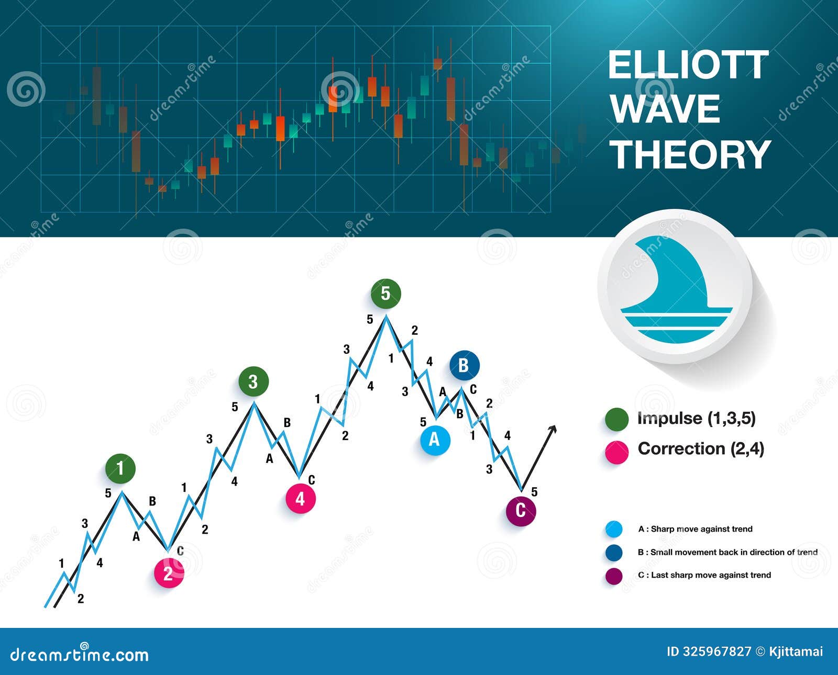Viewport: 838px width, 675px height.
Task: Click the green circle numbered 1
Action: point(120,468)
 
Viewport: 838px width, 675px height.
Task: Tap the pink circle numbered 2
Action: point(169,573)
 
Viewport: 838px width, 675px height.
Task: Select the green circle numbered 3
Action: point(253,382)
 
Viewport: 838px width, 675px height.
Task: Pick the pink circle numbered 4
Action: point(300,499)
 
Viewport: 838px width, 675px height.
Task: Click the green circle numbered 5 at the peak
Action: point(386,294)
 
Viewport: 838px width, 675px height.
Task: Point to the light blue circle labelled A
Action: point(435,440)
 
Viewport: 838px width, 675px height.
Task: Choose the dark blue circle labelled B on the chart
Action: point(464,365)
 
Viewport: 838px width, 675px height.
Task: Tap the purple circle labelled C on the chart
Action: point(521,510)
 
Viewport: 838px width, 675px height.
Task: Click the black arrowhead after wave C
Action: point(552,429)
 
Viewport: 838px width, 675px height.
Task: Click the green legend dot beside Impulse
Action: point(616,420)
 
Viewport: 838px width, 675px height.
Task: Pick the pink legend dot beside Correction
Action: point(616,452)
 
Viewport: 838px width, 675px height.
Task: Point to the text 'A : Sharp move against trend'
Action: point(695,529)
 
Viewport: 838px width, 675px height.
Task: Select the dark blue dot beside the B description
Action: point(614,553)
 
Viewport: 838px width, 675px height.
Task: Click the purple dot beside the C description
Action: point(614,576)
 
